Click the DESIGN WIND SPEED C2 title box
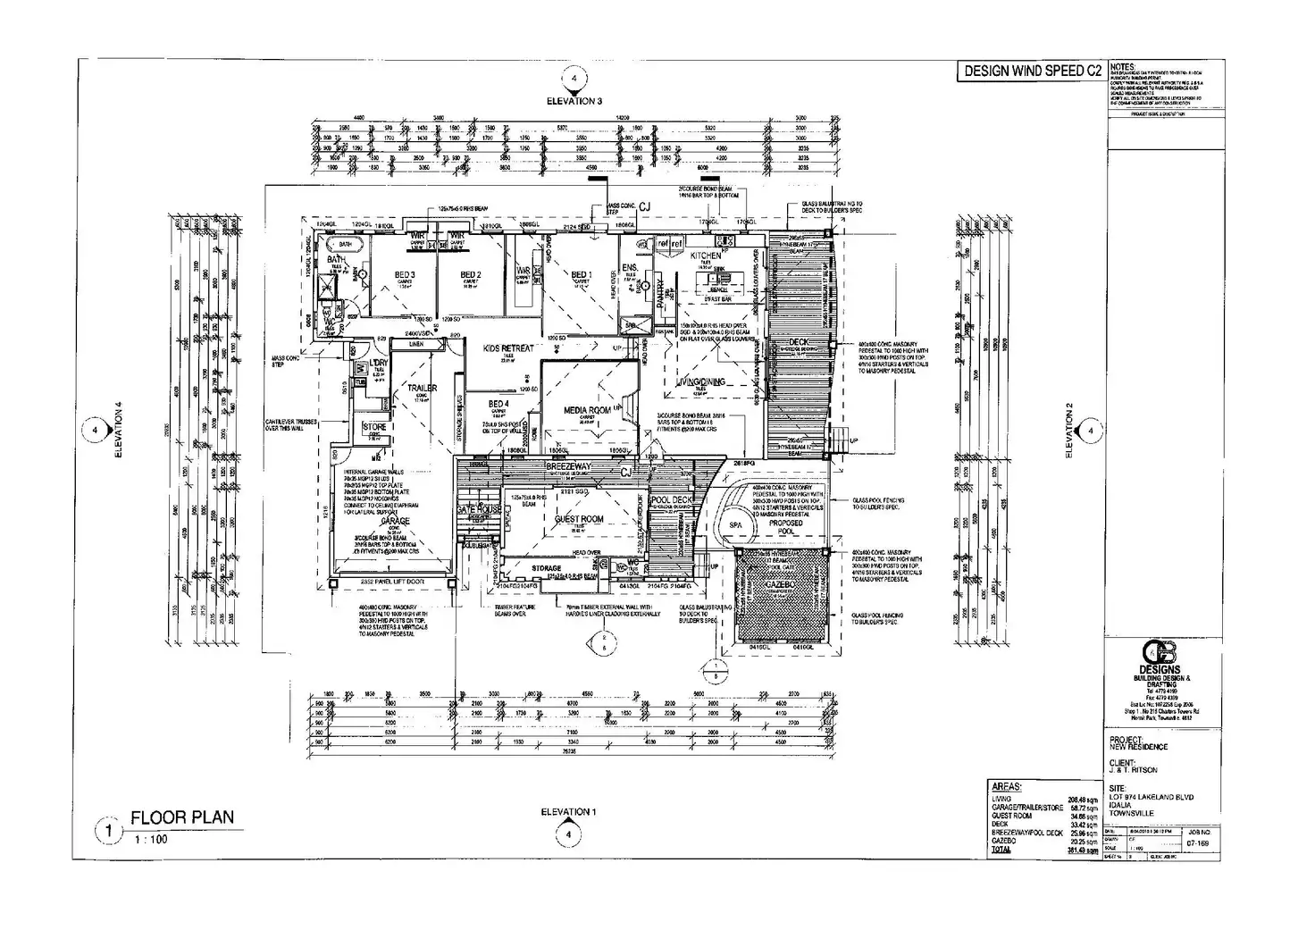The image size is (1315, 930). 1031,71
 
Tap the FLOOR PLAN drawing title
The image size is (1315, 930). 182,817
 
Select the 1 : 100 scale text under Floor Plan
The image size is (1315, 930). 150,840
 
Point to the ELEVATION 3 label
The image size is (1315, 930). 574,101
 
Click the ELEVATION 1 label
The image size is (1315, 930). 565,812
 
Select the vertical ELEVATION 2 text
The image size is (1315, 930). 1068,431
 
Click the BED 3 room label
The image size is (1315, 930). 405,274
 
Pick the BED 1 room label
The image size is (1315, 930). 581,274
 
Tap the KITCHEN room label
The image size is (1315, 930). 706,256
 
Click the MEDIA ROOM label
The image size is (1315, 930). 587,410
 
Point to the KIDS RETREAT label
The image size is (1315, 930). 507,348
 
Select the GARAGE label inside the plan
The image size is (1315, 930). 395,521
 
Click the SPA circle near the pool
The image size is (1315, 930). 736,525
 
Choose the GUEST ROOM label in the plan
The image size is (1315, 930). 579,519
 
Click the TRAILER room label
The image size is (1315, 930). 422,389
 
